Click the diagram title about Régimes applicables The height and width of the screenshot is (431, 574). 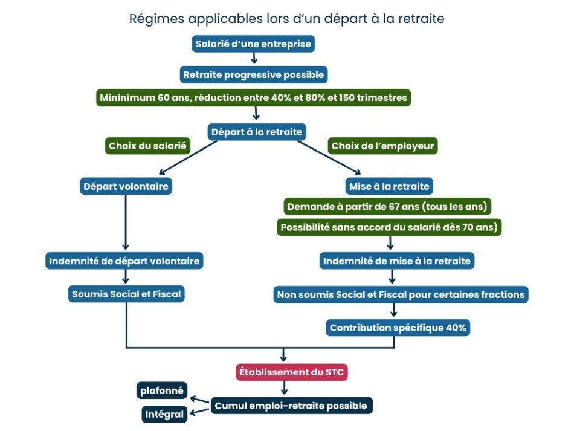(286, 19)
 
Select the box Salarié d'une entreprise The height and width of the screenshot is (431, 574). (254, 44)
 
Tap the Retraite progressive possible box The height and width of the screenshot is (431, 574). (254, 75)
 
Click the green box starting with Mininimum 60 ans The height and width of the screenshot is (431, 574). (254, 98)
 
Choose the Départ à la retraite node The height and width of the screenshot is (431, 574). (256, 131)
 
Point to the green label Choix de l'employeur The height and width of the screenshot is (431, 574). (383, 146)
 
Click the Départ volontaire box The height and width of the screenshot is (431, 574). (126, 186)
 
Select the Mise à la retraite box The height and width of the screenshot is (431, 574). (389, 186)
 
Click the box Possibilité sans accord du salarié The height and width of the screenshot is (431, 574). (389, 227)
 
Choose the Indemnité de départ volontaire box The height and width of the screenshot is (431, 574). (124, 261)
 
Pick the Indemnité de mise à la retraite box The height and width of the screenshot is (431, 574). (397, 261)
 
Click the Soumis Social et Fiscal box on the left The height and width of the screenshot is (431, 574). (126, 294)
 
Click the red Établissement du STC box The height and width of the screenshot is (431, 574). (292, 372)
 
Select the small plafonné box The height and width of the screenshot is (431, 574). (161, 390)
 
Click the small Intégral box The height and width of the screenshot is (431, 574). (164, 415)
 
